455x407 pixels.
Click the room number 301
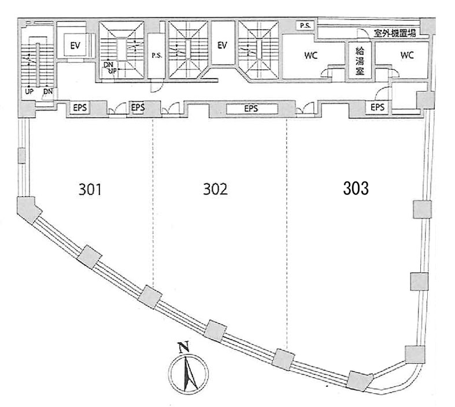[90, 190]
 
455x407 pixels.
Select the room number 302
[215, 189]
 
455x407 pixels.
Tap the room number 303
[356, 188]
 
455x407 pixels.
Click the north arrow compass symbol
[188, 373]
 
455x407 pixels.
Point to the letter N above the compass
[184, 347]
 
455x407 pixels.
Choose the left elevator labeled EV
[75, 46]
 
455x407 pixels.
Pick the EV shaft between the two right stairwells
[222, 45]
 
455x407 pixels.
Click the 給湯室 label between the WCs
[360, 61]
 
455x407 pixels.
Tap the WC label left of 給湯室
[311, 55]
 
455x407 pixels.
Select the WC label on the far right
[407, 55]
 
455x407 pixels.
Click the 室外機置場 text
[395, 34]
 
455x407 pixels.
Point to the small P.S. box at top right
[305, 25]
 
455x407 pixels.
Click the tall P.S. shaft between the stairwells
[157, 55]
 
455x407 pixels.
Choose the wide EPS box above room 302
[251, 109]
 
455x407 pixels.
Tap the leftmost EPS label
[80, 108]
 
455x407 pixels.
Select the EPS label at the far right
[378, 108]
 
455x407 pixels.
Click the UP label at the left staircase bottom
[29, 92]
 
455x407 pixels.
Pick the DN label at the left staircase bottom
[48, 92]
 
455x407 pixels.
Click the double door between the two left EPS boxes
[117, 109]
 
